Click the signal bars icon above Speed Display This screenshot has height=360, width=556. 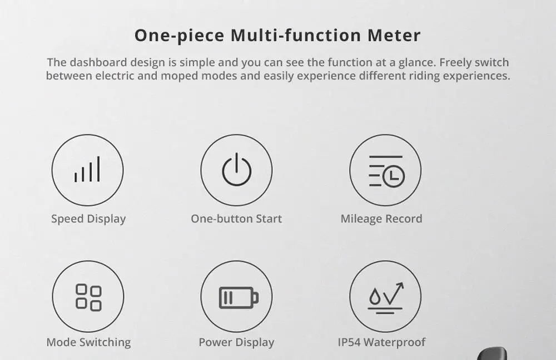87,170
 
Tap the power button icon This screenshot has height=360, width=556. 236,170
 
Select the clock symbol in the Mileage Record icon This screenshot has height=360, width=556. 394,177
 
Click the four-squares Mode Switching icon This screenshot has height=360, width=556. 88,297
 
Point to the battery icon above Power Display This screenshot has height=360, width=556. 238,297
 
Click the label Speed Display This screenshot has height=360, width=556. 88,219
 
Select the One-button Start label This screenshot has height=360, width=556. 236,219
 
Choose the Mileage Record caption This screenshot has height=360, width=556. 381,219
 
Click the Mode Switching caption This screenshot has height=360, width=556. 88,342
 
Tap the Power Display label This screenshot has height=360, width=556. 236,342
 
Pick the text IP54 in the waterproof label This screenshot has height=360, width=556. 349,342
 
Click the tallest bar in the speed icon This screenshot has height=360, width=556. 98,169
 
